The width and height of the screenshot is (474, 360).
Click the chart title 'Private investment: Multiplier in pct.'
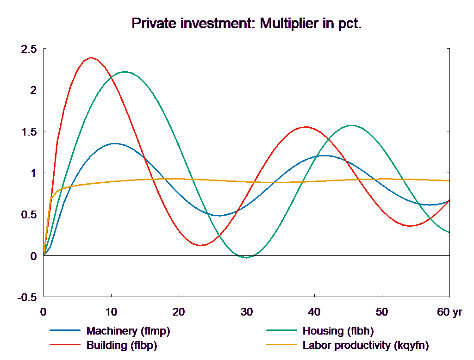246,23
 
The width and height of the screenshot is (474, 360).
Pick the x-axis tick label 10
111,312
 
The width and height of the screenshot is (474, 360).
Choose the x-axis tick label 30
246,312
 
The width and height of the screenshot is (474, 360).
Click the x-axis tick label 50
381,312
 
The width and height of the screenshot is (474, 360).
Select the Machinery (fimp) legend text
128,331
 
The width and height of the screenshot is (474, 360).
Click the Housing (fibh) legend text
337,331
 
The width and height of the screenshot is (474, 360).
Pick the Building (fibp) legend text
122,345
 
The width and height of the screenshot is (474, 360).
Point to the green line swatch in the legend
281,331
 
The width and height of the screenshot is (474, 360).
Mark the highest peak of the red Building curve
91,58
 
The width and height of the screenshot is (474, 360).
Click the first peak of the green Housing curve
125,72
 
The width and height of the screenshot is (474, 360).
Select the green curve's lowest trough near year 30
246,257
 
